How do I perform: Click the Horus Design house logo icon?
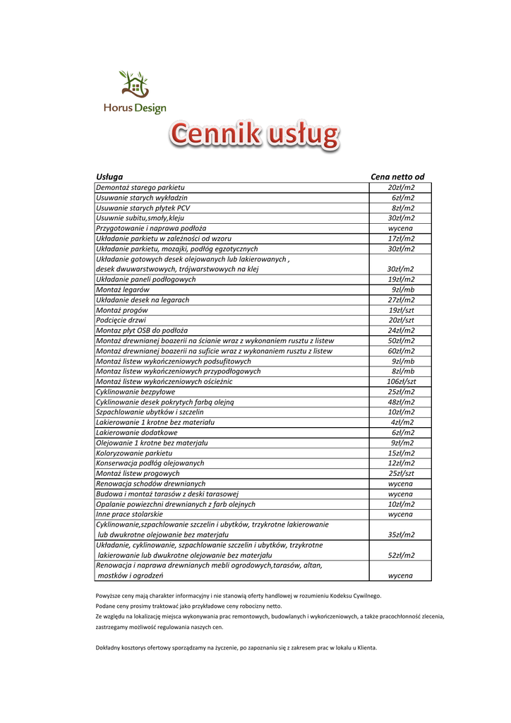point(134,84)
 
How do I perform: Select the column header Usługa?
point(109,177)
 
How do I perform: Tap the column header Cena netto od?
point(397,177)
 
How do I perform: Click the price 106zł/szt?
point(400,381)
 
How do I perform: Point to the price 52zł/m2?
point(401,556)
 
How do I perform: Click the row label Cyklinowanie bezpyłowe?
point(136,392)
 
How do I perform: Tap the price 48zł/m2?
point(401,402)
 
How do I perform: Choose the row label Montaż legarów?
point(122,289)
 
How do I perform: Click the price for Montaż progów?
point(401,310)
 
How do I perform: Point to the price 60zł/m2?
point(401,351)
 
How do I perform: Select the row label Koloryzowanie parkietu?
point(133,453)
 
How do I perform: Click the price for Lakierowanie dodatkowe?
point(402,433)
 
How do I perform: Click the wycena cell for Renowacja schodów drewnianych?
point(400,484)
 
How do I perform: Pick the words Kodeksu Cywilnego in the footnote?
point(354,596)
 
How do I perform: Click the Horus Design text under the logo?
point(135,109)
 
